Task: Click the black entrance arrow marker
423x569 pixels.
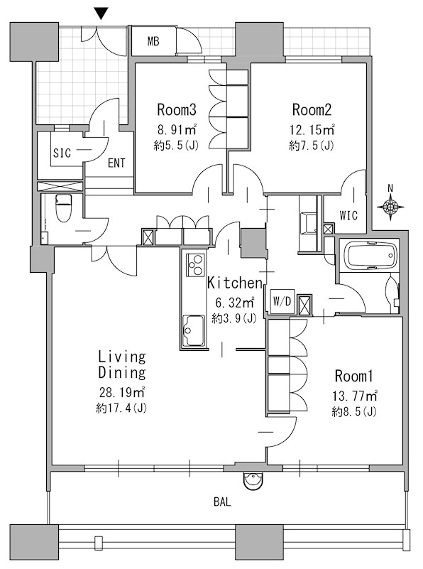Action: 101,14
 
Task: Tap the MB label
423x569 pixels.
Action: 153,41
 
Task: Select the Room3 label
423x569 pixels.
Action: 177,109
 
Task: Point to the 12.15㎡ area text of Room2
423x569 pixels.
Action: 312,129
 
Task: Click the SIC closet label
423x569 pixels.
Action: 62,153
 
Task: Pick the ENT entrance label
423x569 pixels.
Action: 116,163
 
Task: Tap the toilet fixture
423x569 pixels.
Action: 63,208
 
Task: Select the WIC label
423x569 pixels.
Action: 348,215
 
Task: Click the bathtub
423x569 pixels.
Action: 369,255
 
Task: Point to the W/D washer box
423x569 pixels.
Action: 282,301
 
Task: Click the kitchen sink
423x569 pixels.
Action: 193,330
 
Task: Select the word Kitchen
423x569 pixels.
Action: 234,283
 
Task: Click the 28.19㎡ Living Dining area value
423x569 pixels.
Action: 122,392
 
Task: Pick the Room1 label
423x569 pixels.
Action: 353,376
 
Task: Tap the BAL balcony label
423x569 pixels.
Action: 222,502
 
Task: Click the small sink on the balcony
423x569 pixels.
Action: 253,481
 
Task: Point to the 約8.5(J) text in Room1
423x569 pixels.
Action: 354,411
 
